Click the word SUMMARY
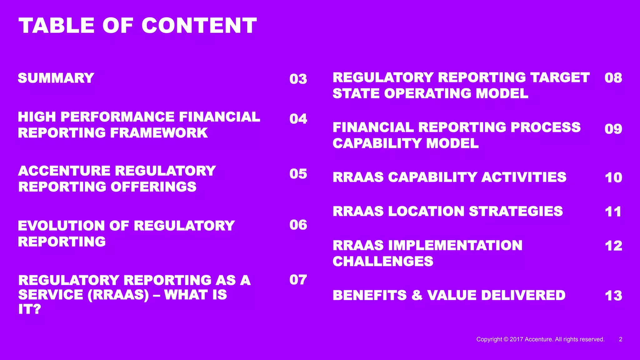coord(56,78)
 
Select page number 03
coord(298,79)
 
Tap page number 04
coord(298,119)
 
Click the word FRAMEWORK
coord(159,133)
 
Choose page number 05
coord(298,174)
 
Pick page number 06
coord(298,225)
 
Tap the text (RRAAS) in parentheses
coord(118,295)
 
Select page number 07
coord(298,280)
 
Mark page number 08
coord(613,78)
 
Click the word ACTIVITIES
coord(524,177)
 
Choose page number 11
coord(613,212)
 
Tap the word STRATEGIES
coord(516,211)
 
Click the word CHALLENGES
coord(383,261)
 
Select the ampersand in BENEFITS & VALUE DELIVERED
coord(417,295)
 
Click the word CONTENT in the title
coord(199,26)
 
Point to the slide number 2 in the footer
coord(621,339)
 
